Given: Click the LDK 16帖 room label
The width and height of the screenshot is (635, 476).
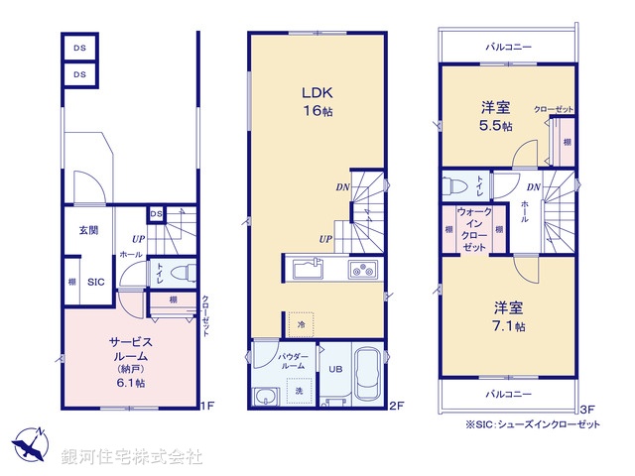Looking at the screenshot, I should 317,100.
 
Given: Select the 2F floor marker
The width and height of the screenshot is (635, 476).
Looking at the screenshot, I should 395,406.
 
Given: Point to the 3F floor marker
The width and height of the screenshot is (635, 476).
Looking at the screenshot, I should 585,406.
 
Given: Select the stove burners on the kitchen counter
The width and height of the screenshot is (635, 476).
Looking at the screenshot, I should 359,271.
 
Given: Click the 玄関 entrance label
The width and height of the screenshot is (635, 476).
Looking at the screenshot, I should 88,230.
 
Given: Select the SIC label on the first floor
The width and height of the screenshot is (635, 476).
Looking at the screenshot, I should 95,283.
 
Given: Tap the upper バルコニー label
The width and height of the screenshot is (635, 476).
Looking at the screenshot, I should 507,46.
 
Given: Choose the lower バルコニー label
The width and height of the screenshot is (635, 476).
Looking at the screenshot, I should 509,393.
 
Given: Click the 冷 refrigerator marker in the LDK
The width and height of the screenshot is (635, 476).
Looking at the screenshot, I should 301,324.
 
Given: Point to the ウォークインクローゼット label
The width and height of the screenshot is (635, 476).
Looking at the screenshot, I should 472,229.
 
